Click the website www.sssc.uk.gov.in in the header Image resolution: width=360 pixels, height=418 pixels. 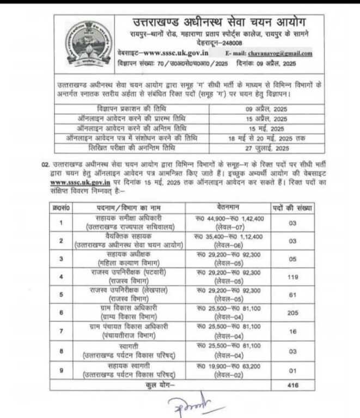(x=170, y=53)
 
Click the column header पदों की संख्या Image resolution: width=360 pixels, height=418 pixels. (x=292, y=207)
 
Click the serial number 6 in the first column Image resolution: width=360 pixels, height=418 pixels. (x=63, y=312)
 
